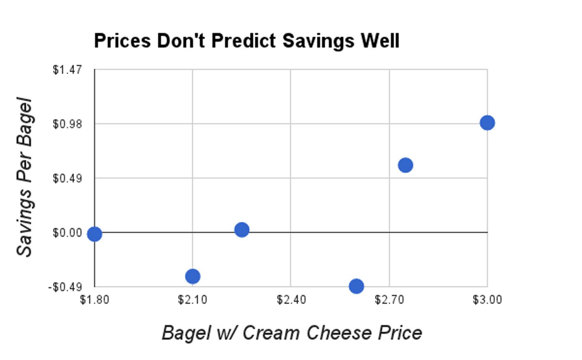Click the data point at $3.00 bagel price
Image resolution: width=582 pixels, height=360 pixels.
487,123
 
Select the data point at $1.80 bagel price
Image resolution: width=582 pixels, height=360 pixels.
94,234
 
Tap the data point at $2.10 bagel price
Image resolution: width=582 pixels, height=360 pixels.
192,276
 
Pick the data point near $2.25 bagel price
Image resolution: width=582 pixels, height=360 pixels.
241,230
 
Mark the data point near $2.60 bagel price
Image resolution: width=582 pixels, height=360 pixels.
356,286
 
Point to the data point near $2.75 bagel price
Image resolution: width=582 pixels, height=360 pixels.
405,165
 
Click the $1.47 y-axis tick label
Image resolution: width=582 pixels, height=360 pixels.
68,70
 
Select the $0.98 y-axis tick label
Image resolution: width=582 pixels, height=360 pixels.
68,124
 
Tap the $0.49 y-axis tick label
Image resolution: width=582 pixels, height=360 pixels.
68,178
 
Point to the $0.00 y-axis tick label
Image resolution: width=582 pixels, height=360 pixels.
68,233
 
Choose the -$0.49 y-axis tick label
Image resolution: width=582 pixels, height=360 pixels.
65,287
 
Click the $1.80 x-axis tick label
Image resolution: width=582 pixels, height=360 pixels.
94,300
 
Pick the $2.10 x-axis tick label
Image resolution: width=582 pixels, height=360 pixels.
192,300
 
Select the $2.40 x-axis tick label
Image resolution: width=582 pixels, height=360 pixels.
291,300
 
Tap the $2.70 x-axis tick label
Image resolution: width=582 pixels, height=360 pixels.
389,300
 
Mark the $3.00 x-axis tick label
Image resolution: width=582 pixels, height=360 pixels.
487,300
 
